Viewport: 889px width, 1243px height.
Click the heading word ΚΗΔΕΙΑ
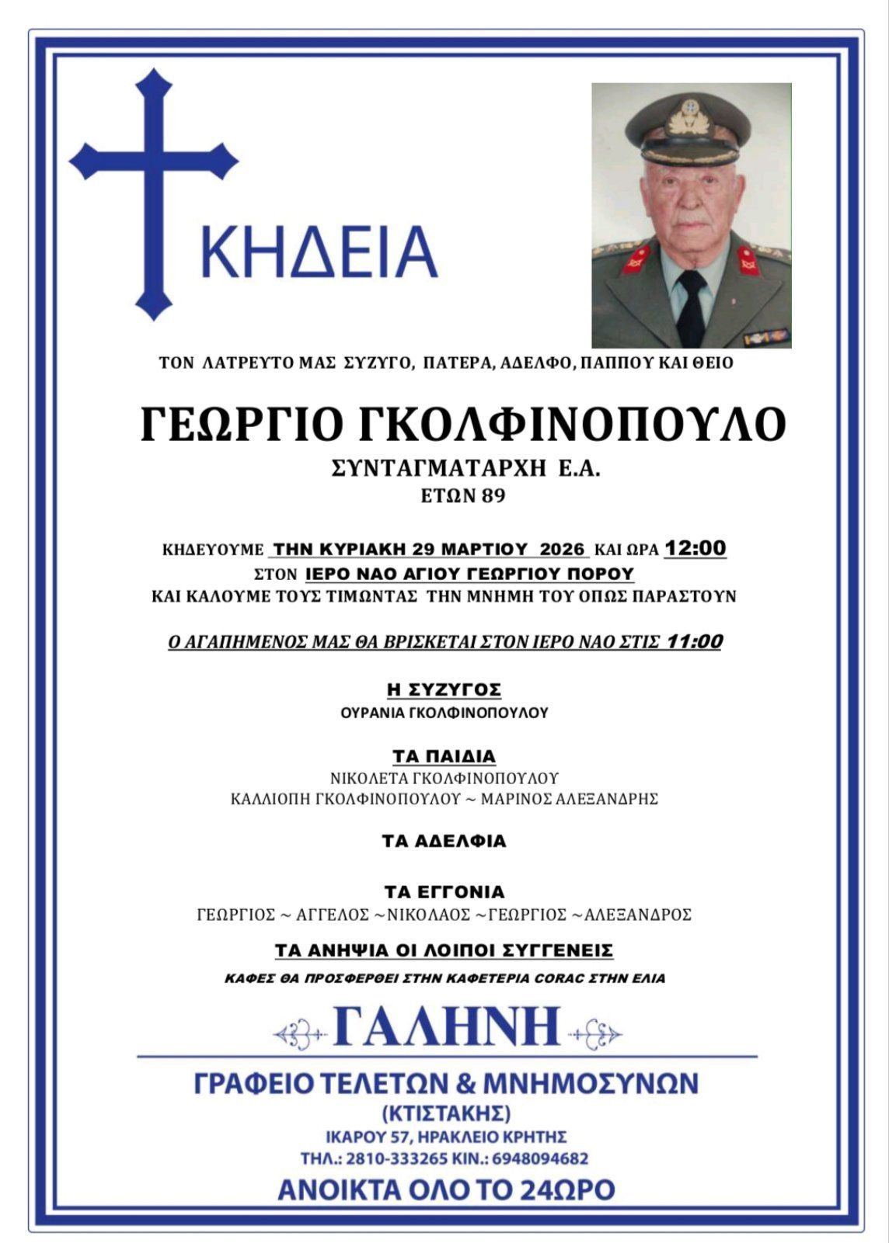click(319, 252)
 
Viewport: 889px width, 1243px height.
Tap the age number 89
click(492, 495)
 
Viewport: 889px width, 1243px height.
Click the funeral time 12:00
click(695, 549)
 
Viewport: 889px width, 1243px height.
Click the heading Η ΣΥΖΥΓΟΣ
click(444, 689)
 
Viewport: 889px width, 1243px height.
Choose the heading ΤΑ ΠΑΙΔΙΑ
click(444, 756)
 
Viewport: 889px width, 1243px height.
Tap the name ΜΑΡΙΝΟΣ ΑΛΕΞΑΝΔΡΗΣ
click(570, 799)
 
